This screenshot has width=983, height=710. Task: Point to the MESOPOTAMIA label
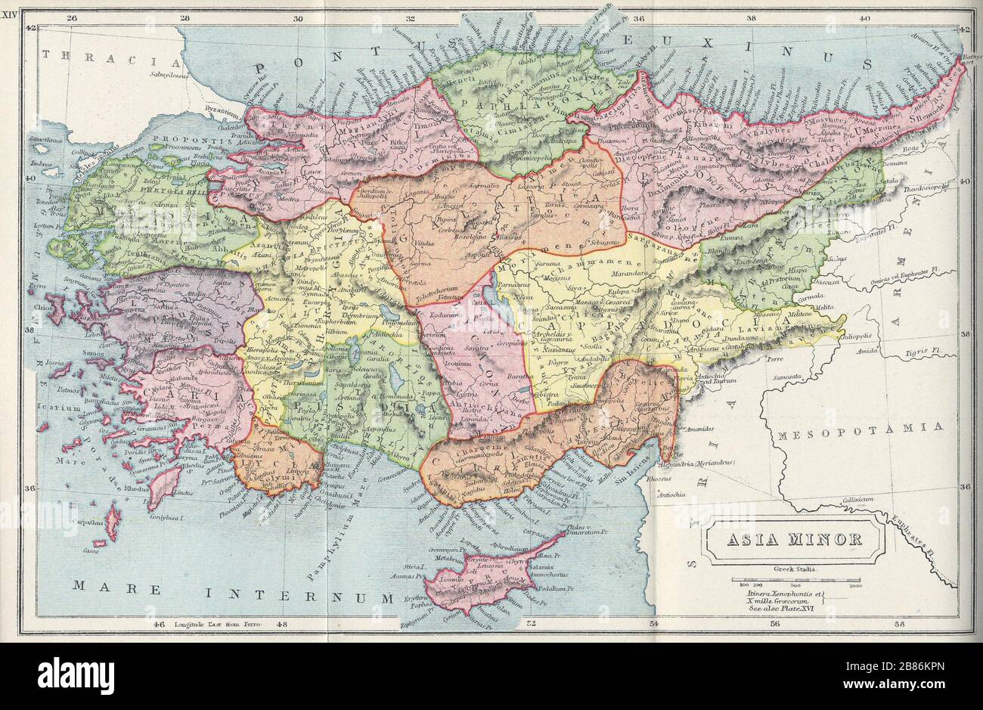pyautogui.click(x=860, y=428)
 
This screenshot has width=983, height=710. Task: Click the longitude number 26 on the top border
pyautogui.click(x=72, y=19)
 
